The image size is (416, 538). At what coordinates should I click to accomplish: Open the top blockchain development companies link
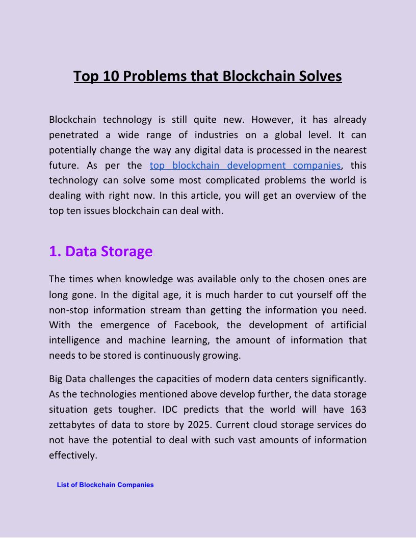[x=245, y=165]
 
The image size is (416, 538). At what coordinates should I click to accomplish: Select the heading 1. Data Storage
[x=100, y=251]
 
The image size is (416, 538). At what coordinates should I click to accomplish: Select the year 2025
[x=198, y=425]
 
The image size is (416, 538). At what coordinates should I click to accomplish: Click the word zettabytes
[x=72, y=425]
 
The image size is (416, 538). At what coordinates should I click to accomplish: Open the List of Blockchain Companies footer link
[x=105, y=485]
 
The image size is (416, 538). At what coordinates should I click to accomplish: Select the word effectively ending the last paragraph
[x=72, y=455]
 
